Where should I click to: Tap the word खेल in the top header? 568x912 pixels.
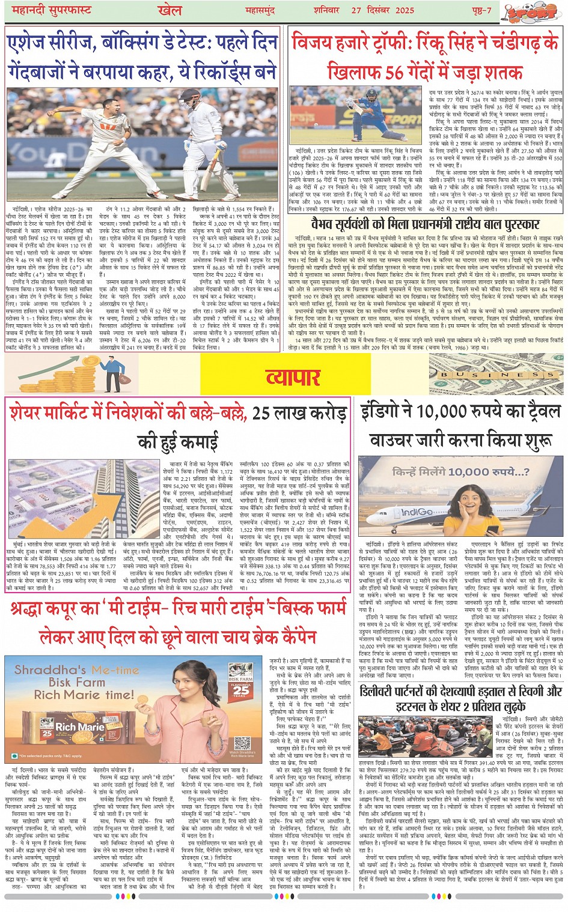point(169,10)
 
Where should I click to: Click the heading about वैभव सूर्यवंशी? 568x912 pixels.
point(426,225)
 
